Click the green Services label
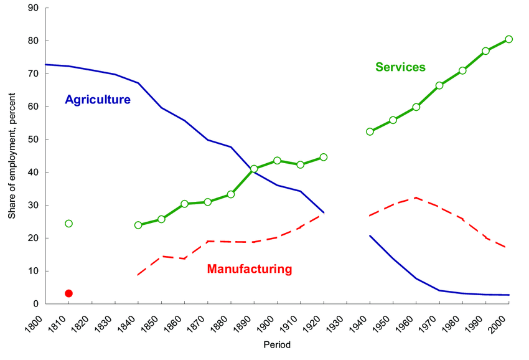tap(400, 67)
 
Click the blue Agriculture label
tap(98, 100)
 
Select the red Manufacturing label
tap(249, 269)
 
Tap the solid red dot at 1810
tap(68, 293)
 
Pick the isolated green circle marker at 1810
tap(68, 224)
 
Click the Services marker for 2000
tap(508, 39)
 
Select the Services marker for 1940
tap(370, 131)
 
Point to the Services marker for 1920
tap(324, 157)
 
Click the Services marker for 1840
tap(138, 225)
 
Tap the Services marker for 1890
tap(254, 169)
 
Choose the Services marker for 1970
tap(439, 85)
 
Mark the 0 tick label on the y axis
tap(36, 304)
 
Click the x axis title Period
tap(276, 344)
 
